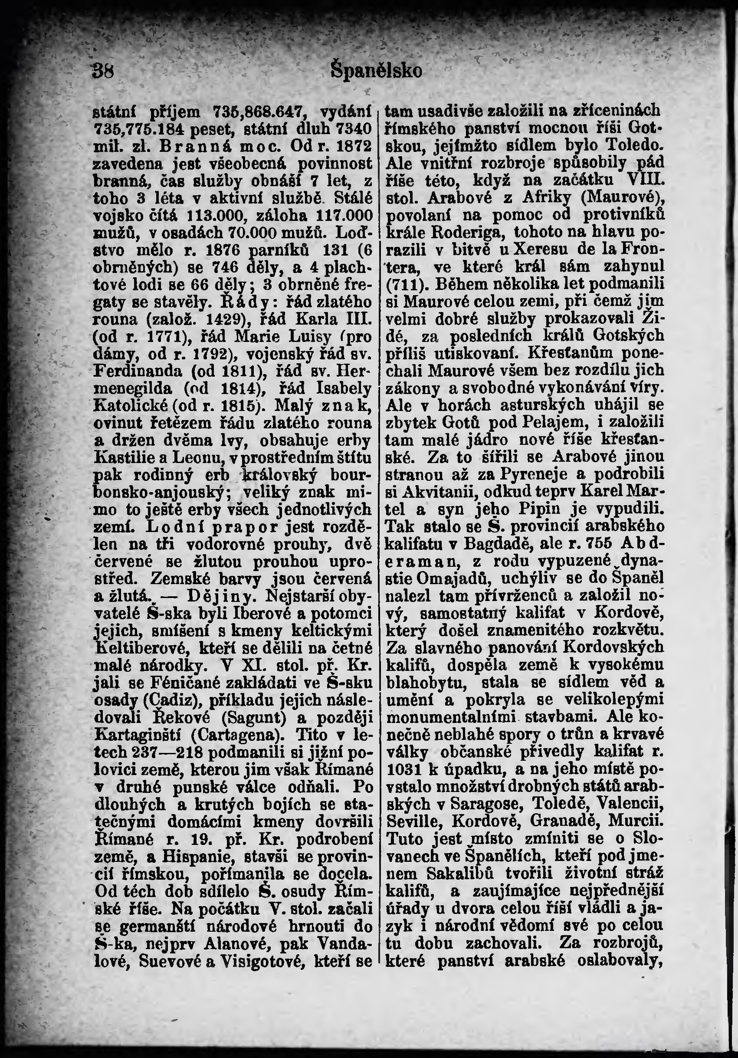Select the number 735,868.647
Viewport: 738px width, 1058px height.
[254, 112]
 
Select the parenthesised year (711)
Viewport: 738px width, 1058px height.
[403, 283]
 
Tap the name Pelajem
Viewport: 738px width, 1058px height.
[553, 422]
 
